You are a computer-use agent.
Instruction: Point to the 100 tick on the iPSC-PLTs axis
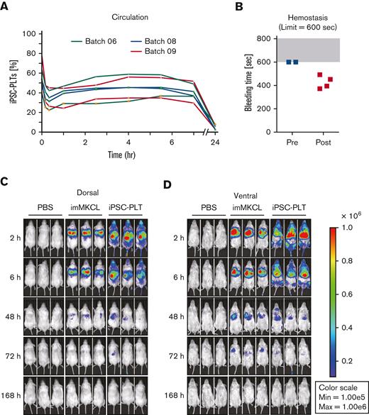[28, 33]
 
